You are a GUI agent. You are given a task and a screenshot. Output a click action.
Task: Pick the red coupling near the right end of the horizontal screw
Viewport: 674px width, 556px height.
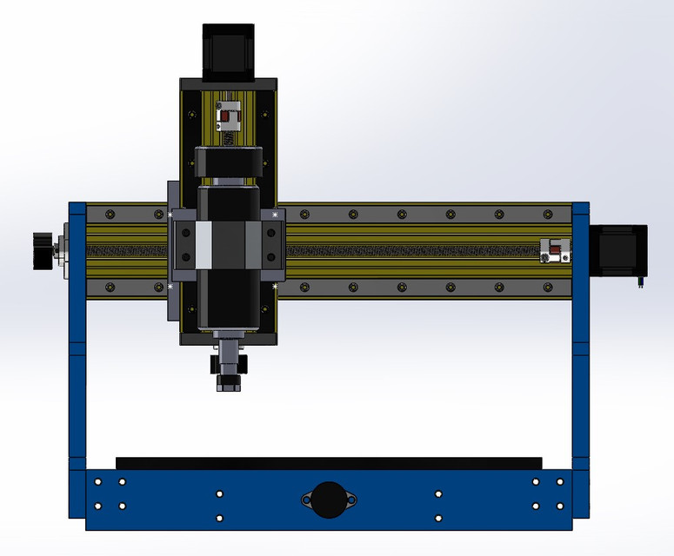pos(554,251)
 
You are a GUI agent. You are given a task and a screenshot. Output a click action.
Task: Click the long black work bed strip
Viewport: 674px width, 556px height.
pos(329,463)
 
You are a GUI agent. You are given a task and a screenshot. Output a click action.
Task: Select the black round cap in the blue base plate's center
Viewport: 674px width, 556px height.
pos(329,500)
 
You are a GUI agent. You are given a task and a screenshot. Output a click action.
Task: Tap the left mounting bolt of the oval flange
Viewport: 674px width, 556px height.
pos(307,500)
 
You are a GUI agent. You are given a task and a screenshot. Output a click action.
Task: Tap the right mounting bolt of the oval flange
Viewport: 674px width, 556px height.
pos(350,500)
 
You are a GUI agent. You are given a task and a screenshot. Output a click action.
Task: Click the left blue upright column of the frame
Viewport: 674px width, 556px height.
pos(77,347)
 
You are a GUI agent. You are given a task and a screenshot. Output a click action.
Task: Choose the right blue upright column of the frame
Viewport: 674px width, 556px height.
pos(580,347)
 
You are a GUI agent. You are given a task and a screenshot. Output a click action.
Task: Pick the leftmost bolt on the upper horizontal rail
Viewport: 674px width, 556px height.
pos(108,214)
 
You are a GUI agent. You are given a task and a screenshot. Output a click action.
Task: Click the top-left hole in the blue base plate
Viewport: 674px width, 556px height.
pos(98,481)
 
